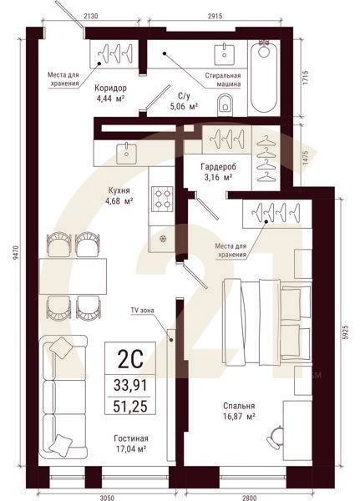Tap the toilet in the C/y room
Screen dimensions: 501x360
(x=226, y=104)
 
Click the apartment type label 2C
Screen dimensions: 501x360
(x=129, y=360)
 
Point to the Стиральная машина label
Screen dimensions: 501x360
(x=223, y=78)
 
